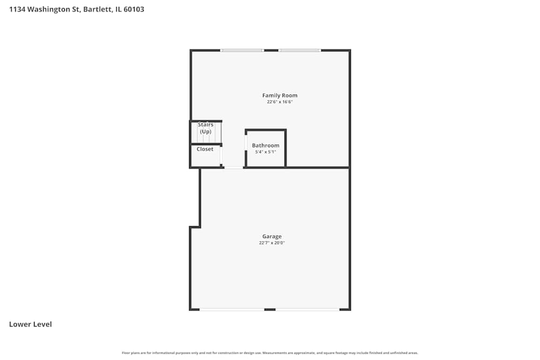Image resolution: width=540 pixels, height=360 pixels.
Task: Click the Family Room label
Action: [x=280, y=96]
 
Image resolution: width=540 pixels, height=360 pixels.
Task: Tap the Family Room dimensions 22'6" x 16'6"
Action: [x=280, y=102]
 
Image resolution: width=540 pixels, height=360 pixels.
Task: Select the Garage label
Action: [x=272, y=236]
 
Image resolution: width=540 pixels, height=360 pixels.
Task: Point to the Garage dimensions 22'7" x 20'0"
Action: [x=272, y=243]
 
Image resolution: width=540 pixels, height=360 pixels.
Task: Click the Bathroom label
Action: [x=266, y=145]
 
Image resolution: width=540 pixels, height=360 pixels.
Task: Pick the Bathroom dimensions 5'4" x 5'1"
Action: [x=266, y=152]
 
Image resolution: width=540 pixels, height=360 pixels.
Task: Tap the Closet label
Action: [x=205, y=149]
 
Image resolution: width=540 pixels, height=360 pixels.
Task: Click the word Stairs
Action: [x=206, y=125]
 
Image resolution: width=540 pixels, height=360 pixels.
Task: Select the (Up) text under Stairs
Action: [x=206, y=132]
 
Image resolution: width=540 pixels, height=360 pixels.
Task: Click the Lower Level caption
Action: [x=31, y=324]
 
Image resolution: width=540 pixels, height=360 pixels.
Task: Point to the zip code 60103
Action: [x=134, y=9]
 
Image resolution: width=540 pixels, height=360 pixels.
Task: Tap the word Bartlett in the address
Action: [x=97, y=9]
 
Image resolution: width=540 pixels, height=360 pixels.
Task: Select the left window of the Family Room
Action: [x=242, y=50]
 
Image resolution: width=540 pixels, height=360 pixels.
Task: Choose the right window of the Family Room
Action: [x=300, y=50]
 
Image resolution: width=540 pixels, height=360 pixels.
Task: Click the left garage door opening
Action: [x=232, y=309]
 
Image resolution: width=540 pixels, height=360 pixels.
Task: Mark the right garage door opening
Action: [x=307, y=309]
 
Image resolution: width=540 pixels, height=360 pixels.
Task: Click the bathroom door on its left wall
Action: [x=246, y=143]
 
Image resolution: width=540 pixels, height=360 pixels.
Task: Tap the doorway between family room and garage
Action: [x=234, y=167]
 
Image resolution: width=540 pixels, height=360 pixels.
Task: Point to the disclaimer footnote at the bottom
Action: [x=270, y=353]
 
